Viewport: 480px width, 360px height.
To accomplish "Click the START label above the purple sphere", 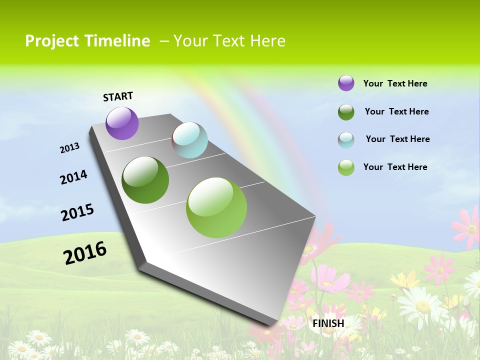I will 118,96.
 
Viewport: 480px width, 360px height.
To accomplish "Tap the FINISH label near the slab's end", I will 328,323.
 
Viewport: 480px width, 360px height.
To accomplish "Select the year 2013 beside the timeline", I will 70,148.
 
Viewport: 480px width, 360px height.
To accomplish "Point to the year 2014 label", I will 73,177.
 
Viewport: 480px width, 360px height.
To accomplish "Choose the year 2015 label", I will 77,212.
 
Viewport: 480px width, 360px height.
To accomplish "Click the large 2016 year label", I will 85,253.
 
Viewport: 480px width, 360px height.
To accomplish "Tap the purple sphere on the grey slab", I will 122,123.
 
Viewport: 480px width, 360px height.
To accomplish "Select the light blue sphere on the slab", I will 190,140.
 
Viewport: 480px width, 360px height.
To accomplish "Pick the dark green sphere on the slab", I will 145,180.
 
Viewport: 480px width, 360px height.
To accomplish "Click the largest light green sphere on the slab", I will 216,207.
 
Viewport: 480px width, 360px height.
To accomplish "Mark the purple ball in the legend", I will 346,83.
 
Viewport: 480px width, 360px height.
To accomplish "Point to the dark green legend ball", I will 346,112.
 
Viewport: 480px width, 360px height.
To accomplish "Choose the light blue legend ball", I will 346,140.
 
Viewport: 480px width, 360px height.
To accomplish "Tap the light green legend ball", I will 346,167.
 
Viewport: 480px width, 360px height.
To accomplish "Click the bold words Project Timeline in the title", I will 87,41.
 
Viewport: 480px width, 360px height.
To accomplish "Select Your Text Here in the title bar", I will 229,41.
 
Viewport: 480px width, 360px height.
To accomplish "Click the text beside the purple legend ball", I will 395,83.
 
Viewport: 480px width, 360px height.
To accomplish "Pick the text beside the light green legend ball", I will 395,167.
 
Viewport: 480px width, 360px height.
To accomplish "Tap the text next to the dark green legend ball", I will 396,111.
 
